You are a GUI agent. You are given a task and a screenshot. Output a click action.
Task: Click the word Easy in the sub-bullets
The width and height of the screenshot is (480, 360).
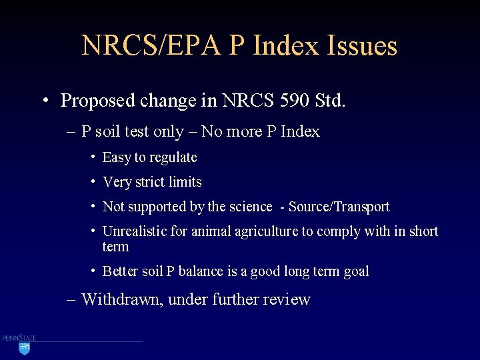117,158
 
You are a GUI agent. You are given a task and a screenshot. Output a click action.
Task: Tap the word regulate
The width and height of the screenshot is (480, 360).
173,158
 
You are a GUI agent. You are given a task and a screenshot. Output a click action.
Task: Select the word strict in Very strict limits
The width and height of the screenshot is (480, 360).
151,182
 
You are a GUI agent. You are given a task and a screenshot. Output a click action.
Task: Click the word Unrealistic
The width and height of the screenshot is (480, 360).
136,231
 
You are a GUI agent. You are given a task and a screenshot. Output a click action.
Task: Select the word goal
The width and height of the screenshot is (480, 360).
355,271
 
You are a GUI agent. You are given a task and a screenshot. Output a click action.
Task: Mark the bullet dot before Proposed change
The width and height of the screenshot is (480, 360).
45,101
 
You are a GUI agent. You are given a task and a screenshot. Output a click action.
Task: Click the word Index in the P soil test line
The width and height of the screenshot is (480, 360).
300,132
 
